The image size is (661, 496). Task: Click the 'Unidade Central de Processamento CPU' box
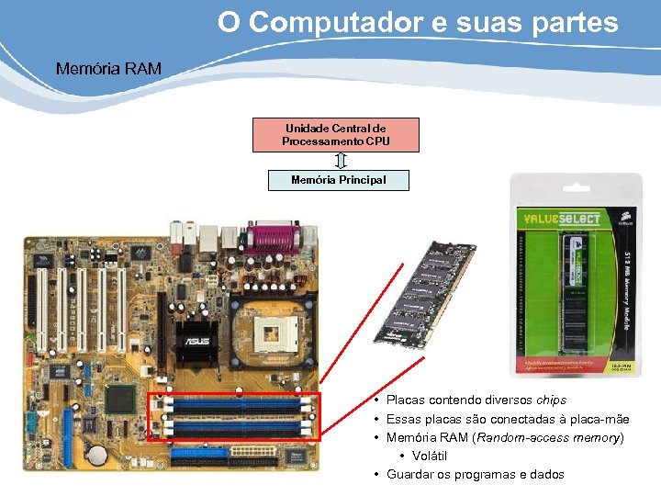pyautogui.click(x=336, y=134)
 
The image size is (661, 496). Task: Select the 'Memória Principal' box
pyautogui.click(x=338, y=180)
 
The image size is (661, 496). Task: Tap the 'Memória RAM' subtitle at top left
pyautogui.click(x=108, y=68)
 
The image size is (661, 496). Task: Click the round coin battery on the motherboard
pyautogui.click(x=96, y=455)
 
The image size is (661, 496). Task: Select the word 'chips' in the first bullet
pyautogui.click(x=551, y=400)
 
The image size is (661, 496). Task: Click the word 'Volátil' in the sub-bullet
pyautogui.click(x=431, y=456)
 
